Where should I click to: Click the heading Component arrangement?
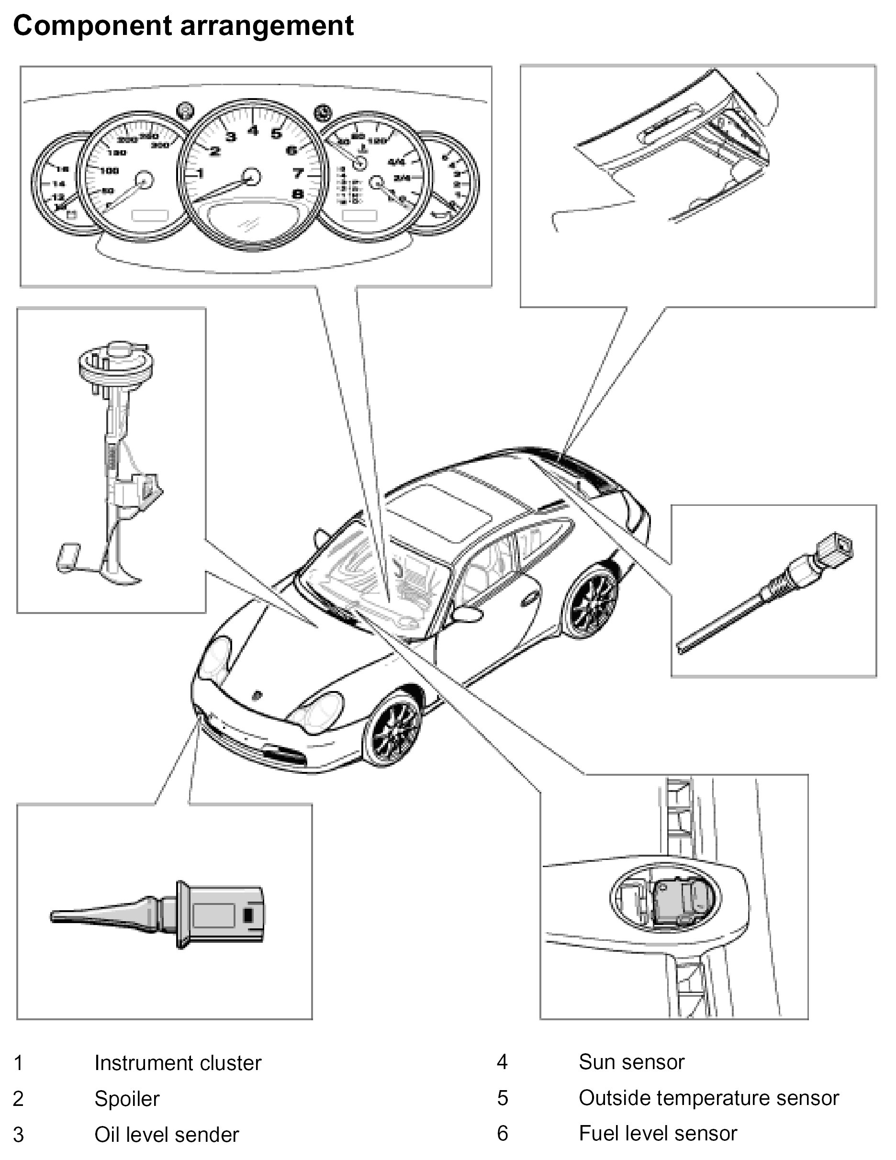tap(183, 25)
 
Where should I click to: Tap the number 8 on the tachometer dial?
tap(297, 194)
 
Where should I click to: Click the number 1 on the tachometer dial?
tap(200, 173)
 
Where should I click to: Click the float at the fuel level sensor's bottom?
tap(68, 557)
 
